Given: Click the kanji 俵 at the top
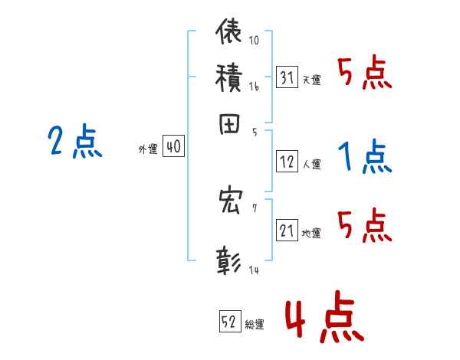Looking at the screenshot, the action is point(229,33).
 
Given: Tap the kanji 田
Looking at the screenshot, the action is point(229,125).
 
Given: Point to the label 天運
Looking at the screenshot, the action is point(311,80).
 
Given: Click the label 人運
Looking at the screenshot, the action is point(311,164).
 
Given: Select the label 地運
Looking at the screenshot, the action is point(311,233).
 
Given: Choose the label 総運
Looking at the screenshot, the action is point(255,324).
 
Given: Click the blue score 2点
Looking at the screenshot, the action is point(74,142).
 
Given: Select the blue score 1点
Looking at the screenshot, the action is point(364,157).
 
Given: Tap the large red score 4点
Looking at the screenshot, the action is point(323,320).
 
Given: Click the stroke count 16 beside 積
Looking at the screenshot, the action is point(254,87).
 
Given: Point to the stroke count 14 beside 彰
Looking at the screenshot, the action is point(254,270).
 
